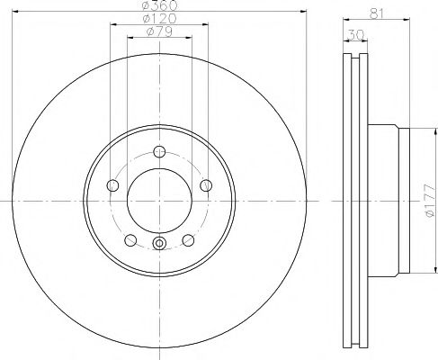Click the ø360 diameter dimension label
click(x=158, y=6)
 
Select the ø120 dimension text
click(x=158, y=20)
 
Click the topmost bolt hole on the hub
click(x=159, y=151)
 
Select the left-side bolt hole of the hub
click(x=112, y=185)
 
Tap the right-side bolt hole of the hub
click(x=206, y=185)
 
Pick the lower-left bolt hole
click(x=130, y=240)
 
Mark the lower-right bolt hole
click(x=188, y=240)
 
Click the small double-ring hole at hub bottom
click(x=159, y=243)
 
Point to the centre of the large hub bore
click(x=159, y=200)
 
